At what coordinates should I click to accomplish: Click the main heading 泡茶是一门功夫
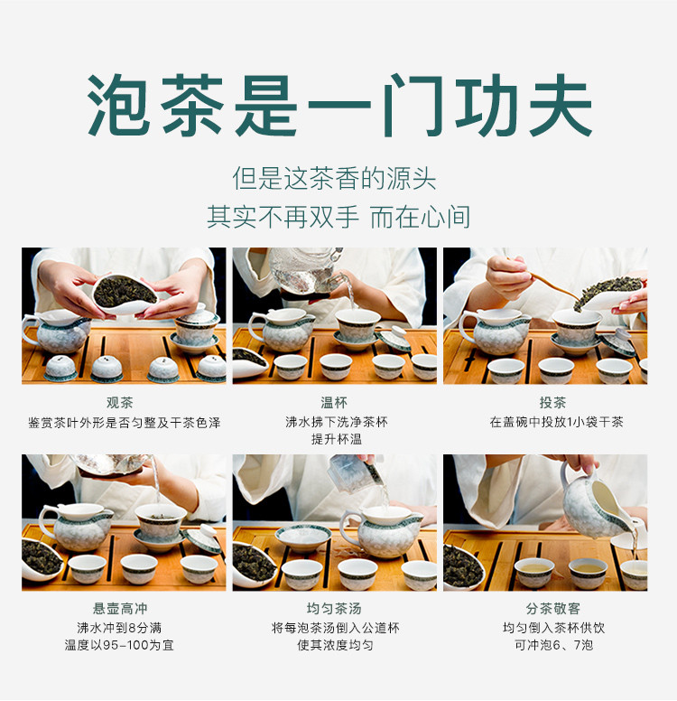pyautogui.click(x=339, y=106)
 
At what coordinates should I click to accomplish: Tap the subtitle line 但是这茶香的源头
pyautogui.click(x=334, y=179)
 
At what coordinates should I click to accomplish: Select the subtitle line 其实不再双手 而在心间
pyautogui.click(x=338, y=218)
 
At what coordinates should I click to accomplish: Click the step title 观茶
pyautogui.click(x=120, y=402)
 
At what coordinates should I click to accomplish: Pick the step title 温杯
pyautogui.click(x=334, y=402)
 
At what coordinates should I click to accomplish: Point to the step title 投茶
pyautogui.click(x=552, y=402)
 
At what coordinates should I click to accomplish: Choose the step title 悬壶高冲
pyautogui.click(x=120, y=609)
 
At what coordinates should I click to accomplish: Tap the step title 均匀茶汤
pyautogui.click(x=334, y=609)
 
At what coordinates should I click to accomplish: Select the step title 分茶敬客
pyautogui.click(x=552, y=609)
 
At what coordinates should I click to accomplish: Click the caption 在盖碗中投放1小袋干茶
pyautogui.click(x=556, y=422)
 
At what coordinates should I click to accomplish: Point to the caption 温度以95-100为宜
pyautogui.click(x=119, y=645)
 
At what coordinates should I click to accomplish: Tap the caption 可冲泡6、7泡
pyautogui.click(x=553, y=645)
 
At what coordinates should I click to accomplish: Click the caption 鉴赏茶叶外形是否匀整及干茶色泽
pyautogui.click(x=125, y=423)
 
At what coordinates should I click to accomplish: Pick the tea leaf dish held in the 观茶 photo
pyautogui.click(x=125, y=294)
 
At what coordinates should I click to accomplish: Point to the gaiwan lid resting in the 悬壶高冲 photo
pyautogui.click(x=202, y=539)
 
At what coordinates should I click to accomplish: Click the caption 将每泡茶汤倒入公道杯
pyautogui.click(x=336, y=628)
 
